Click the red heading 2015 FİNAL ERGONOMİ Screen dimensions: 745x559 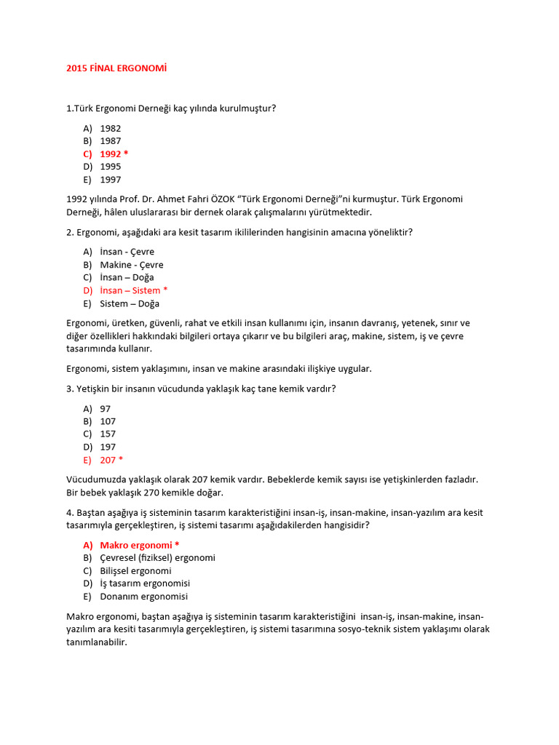pos(116,68)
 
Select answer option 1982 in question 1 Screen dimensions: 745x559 pos(111,128)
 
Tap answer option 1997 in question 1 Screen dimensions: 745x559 pos(111,180)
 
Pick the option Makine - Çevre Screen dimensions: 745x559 pos(132,265)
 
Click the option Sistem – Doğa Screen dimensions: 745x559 pos(130,303)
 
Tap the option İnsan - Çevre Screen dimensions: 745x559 pos(127,252)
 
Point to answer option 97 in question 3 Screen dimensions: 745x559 pos(106,409)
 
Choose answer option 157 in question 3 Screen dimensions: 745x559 pos(108,434)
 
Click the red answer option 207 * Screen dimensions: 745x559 pos(111,460)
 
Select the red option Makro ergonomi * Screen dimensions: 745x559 pos(139,545)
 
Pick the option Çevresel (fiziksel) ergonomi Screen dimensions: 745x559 pos(157,558)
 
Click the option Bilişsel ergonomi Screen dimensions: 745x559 pos(135,571)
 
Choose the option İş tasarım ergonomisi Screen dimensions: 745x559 pos(145,583)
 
